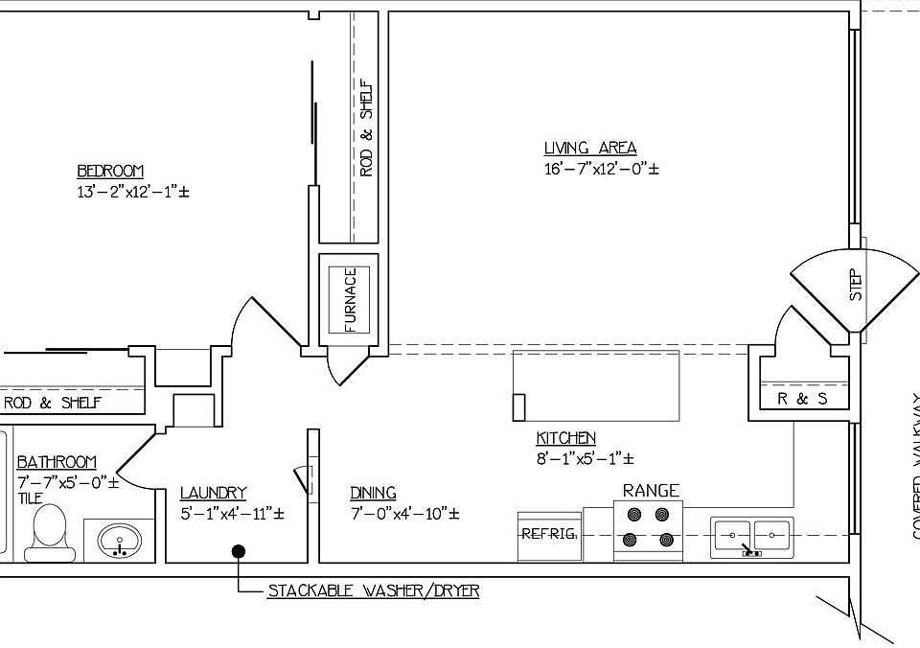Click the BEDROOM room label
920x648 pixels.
click(110, 172)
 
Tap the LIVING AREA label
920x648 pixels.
click(589, 149)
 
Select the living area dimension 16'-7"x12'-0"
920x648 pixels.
click(601, 169)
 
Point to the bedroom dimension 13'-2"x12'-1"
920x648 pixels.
click(133, 192)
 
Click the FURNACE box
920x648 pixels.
click(349, 298)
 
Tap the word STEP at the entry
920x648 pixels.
click(856, 285)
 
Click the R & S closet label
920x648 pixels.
click(802, 399)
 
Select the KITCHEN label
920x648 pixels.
click(565, 439)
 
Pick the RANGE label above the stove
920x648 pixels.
click(651, 491)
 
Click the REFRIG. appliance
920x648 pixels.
click(549, 534)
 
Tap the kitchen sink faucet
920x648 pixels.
click(752, 551)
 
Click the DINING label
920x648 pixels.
click(373, 494)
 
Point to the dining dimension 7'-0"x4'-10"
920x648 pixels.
click(403, 514)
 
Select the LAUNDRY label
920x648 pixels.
click(213, 494)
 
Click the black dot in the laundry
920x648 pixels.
click(238, 550)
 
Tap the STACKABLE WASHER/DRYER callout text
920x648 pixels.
click(373, 591)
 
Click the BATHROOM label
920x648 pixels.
click(57, 463)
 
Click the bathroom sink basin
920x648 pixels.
click(120, 539)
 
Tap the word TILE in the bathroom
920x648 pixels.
click(29, 499)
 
